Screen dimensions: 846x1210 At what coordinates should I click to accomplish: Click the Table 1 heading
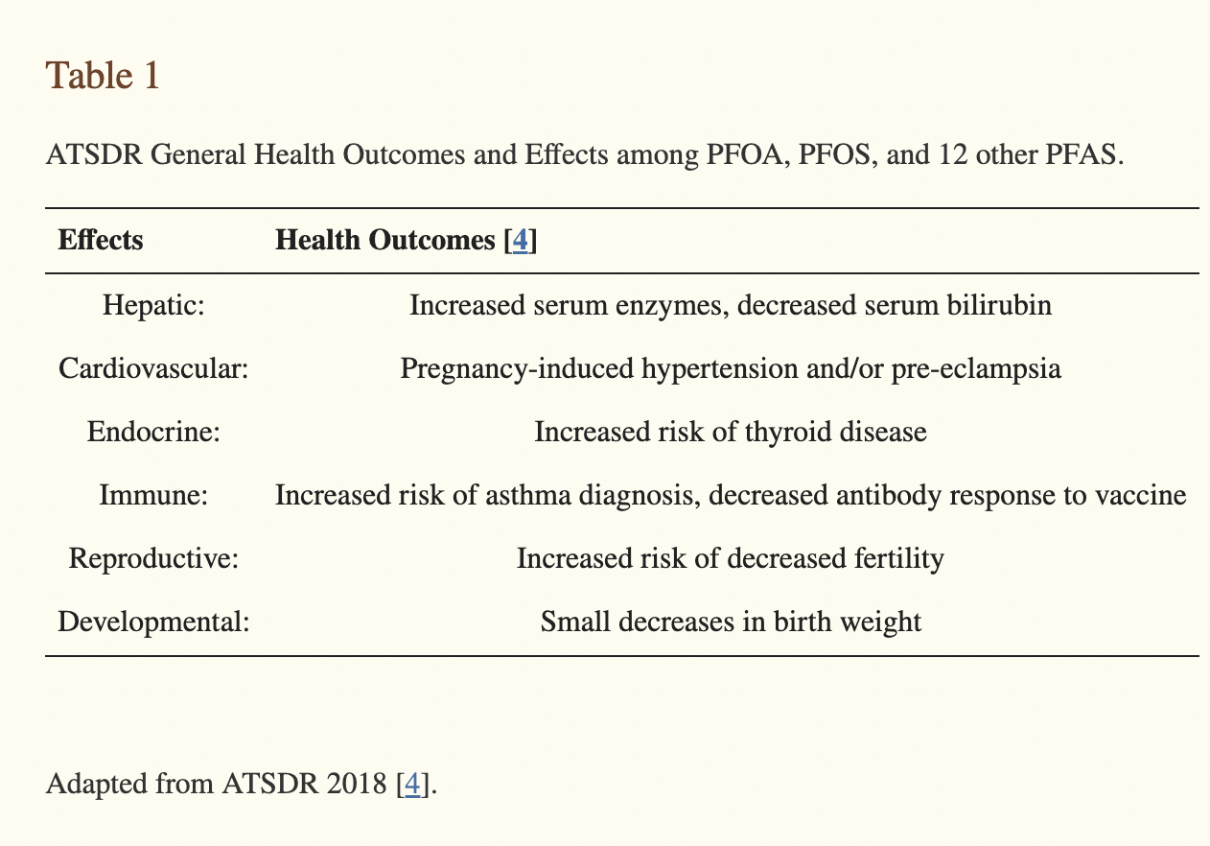(x=102, y=76)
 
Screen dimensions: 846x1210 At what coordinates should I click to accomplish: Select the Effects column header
(x=101, y=240)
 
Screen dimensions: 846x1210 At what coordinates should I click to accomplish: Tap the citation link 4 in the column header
(x=520, y=240)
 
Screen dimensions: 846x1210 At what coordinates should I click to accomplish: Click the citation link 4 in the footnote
(x=412, y=784)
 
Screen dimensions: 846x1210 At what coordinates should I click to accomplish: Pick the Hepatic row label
(x=153, y=305)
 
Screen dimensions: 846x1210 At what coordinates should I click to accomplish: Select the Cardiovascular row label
(x=153, y=368)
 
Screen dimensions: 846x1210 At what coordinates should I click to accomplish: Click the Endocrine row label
(x=153, y=432)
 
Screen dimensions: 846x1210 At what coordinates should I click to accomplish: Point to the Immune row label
(x=153, y=495)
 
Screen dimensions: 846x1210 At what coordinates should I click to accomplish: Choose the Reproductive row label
(x=153, y=558)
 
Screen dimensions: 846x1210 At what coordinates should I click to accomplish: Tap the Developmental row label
(x=153, y=622)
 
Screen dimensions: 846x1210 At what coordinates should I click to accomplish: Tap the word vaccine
(x=1141, y=495)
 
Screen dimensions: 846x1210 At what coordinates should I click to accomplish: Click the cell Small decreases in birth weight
(x=731, y=622)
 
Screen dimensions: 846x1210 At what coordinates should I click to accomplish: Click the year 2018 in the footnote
(x=358, y=784)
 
